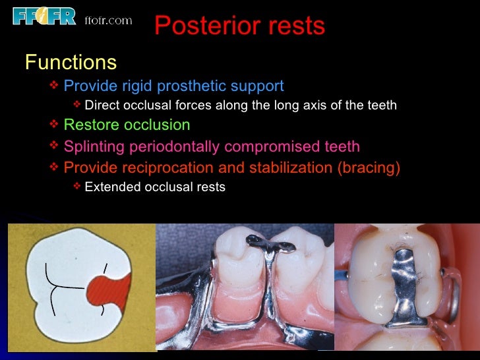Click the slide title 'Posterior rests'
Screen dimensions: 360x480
coord(239,26)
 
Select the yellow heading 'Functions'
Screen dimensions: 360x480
coord(71,63)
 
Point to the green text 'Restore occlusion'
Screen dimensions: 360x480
coord(127,125)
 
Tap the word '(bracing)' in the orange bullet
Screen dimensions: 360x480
coord(369,168)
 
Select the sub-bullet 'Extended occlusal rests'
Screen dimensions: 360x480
coord(155,187)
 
